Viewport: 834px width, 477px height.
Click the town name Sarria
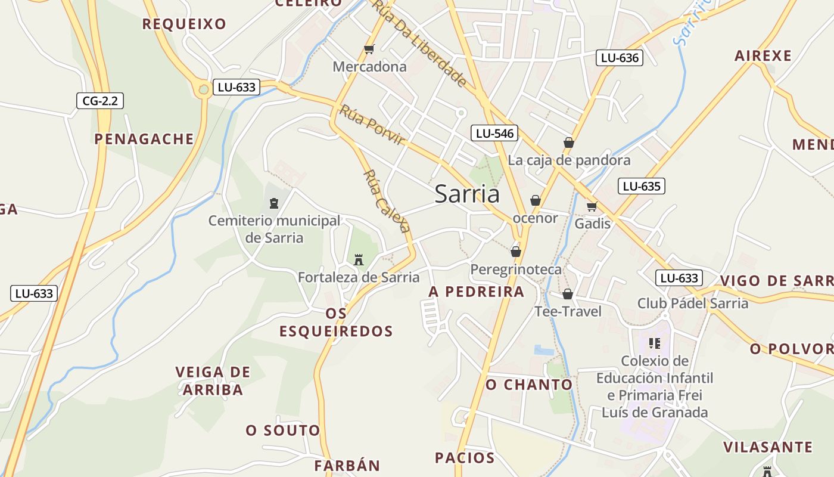[467, 194]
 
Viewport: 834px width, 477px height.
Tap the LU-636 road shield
[620, 58]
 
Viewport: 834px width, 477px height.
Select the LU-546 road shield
[494, 133]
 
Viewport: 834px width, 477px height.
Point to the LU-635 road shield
[641, 186]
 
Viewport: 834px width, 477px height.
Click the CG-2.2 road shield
[100, 101]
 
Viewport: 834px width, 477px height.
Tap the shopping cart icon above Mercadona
[369, 49]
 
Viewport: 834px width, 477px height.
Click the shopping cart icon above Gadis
[592, 206]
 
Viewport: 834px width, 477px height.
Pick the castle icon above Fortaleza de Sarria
[359, 260]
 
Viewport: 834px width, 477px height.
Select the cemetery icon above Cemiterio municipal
[273, 203]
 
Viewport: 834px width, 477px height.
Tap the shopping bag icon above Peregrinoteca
[516, 252]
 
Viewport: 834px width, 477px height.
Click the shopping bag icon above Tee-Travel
[568, 294]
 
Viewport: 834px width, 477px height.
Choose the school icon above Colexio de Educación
[655, 343]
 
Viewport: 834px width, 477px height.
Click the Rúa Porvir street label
[372, 125]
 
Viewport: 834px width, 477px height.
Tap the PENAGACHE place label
[144, 139]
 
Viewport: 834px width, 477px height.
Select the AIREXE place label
[763, 56]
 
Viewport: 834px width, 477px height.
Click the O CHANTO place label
[529, 385]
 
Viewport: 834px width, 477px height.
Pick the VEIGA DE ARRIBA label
[213, 381]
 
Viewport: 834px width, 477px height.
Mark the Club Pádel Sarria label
[693, 303]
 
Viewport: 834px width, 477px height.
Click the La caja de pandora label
[569, 160]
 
